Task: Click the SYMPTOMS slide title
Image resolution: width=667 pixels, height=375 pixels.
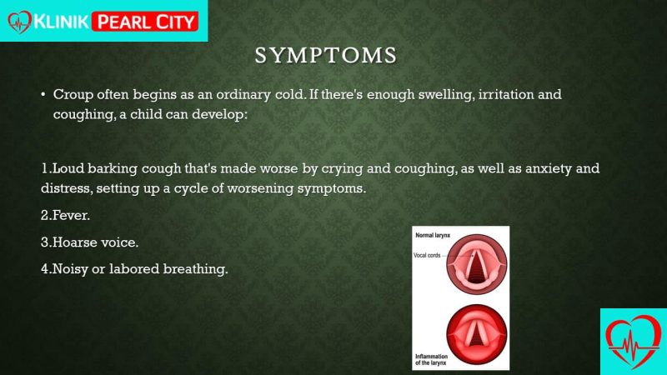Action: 326,56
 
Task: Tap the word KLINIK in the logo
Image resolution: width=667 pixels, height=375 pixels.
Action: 61,21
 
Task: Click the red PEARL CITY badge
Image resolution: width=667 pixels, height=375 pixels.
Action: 145,22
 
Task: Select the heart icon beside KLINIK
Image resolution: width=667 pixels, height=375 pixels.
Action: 19,22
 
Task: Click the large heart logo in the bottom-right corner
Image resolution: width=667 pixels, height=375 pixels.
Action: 634,342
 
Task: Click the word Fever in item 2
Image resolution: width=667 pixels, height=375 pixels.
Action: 71,215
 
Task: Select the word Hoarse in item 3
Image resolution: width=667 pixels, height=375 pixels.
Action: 74,242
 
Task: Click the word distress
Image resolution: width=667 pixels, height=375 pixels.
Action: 66,188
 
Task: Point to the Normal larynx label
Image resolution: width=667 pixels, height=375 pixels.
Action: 433,235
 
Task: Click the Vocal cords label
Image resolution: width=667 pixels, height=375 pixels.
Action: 427,255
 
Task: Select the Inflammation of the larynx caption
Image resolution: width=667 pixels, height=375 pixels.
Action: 431,360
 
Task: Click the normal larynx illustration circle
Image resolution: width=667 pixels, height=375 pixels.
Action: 476,264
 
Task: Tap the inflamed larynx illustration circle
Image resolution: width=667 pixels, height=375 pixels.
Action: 476,334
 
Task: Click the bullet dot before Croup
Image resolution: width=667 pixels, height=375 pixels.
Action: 43,94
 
